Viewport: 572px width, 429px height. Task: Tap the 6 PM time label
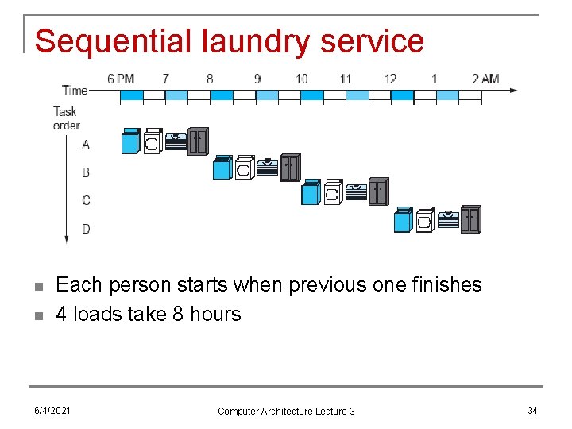pyautogui.click(x=121, y=79)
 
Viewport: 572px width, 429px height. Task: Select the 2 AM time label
pyautogui.click(x=485, y=79)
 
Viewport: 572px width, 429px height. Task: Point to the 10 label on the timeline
pyautogui.click(x=301, y=79)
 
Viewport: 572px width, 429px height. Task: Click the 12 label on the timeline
pyautogui.click(x=390, y=79)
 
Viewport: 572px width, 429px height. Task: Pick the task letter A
pyautogui.click(x=86, y=145)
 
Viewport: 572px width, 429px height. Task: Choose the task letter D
pyautogui.click(x=86, y=229)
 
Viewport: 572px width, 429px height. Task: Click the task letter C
pyautogui.click(x=86, y=200)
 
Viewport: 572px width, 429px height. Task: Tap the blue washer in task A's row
pyautogui.click(x=130, y=141)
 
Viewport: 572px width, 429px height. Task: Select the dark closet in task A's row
pyautogui.click(x=198, y=141)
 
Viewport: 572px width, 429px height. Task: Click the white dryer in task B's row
pyautogui.click(x=244, y=168)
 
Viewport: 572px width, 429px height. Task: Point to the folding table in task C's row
pyautogui.click(x=356, y=193)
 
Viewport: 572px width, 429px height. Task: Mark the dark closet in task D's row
pyautogui.click(x=471, y=218)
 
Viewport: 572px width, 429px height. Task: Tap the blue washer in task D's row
pyautogui.click(x=403, y=219)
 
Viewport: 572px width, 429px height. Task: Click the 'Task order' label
pyautogui.click(x=66, y=118)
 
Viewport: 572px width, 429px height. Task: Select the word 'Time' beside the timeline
pyautogui.click(x=75, y=90)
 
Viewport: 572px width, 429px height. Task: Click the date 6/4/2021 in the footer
pyautogui.click(x=52, y=410)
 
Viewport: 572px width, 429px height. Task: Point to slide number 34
pyautogui.click(x=532, y=410)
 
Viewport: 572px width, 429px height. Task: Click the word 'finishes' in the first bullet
pyautogui.click(x=442, y=284)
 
